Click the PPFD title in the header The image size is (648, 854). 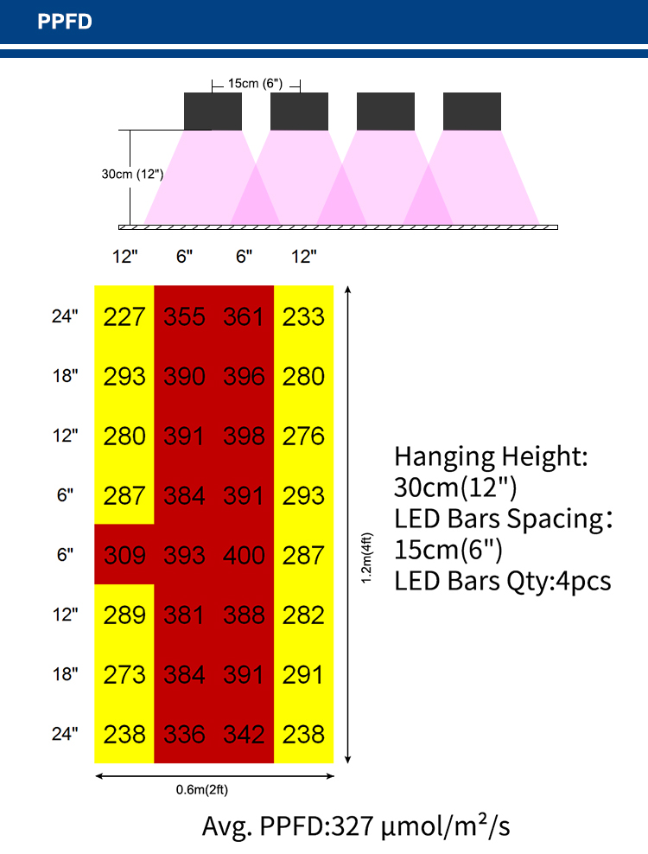(64, 22)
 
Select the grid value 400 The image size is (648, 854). (244, 555)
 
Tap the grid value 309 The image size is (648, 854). (124, 555)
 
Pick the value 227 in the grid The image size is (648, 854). (124, 316)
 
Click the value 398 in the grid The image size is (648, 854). (244, 436)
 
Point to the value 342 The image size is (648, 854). (244, 734)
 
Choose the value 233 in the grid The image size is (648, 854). (303, 316)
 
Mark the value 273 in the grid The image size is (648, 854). (124, 674)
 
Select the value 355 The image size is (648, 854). (184, 316)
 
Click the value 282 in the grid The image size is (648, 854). (303, 615)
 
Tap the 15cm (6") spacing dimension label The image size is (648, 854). (256, 83)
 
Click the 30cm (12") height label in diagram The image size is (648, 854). (132, 175)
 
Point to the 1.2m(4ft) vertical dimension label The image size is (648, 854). (367, 558)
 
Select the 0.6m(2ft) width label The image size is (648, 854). (202, 789)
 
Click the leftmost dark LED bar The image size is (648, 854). (213, 112)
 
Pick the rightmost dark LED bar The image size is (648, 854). (472, 112)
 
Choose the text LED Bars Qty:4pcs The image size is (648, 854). (503, 581)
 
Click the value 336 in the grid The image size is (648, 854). (184, 734)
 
